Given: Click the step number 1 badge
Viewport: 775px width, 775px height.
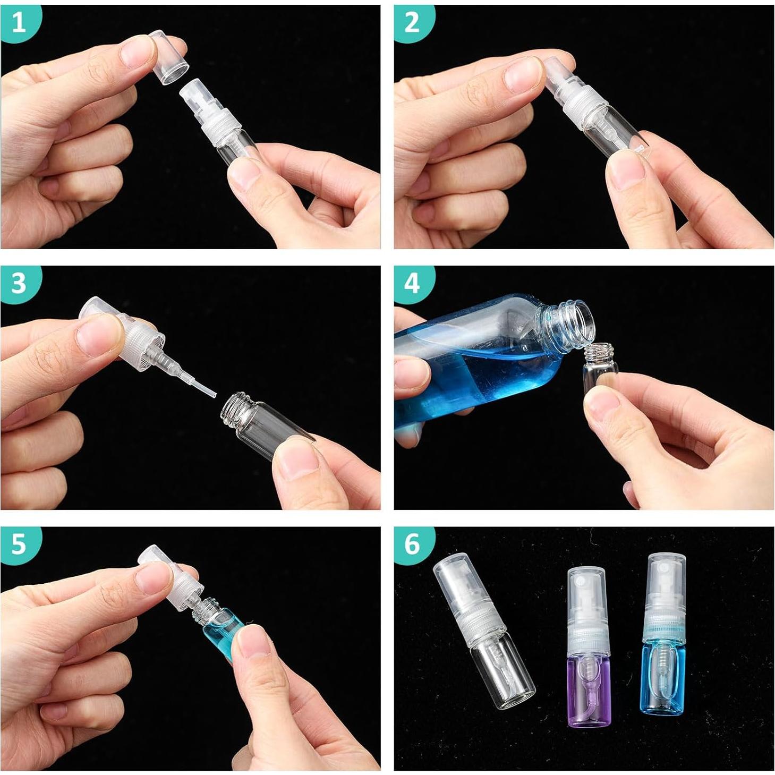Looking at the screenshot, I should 19,22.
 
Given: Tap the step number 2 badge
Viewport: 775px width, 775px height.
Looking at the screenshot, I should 412,22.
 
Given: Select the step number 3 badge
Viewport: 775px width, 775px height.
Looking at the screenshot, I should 19,284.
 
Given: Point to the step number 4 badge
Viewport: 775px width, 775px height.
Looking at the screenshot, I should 412,284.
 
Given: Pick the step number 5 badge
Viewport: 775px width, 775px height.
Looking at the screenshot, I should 19,544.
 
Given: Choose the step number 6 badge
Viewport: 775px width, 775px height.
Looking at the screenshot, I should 412,544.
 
